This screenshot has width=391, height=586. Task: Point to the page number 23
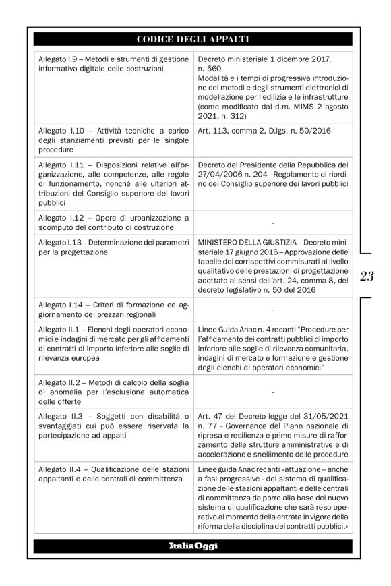pos(367,275)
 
